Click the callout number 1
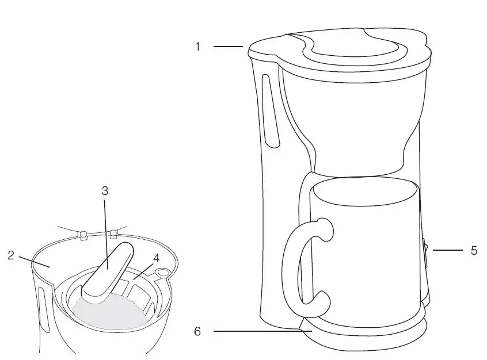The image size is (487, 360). click(x=197, y=47)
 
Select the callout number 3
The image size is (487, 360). click(x=105, y=190)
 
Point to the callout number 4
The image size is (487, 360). click(x=156, y=258)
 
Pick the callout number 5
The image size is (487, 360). click(x=473, y=251)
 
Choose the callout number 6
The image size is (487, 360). click(x=197, y=332)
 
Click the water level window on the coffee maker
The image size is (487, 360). click(x=269, y=109)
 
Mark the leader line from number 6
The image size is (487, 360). click(x=259, y=332)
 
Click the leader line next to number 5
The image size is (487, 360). click(x=447, y=251)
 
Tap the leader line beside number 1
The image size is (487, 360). click(x=228, y=47)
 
